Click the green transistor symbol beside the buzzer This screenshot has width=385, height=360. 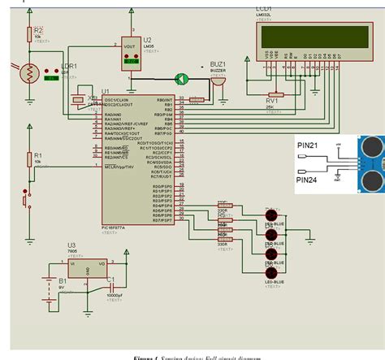pos(183,79)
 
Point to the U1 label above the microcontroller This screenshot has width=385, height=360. pos(105,93)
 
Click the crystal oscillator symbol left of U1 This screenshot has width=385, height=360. pos(80,100)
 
